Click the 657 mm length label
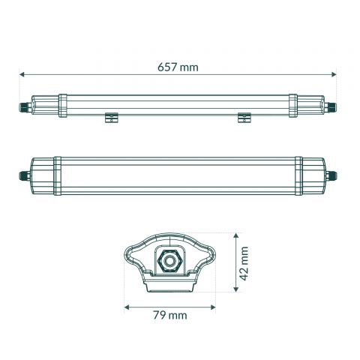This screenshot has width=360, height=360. pos(178,67)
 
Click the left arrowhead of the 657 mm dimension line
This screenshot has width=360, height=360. pos(22,74)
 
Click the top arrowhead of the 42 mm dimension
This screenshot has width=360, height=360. pos(235,232)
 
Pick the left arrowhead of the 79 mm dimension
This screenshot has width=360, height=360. pos(127,307)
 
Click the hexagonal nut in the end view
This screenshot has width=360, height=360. pos(169,259)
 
